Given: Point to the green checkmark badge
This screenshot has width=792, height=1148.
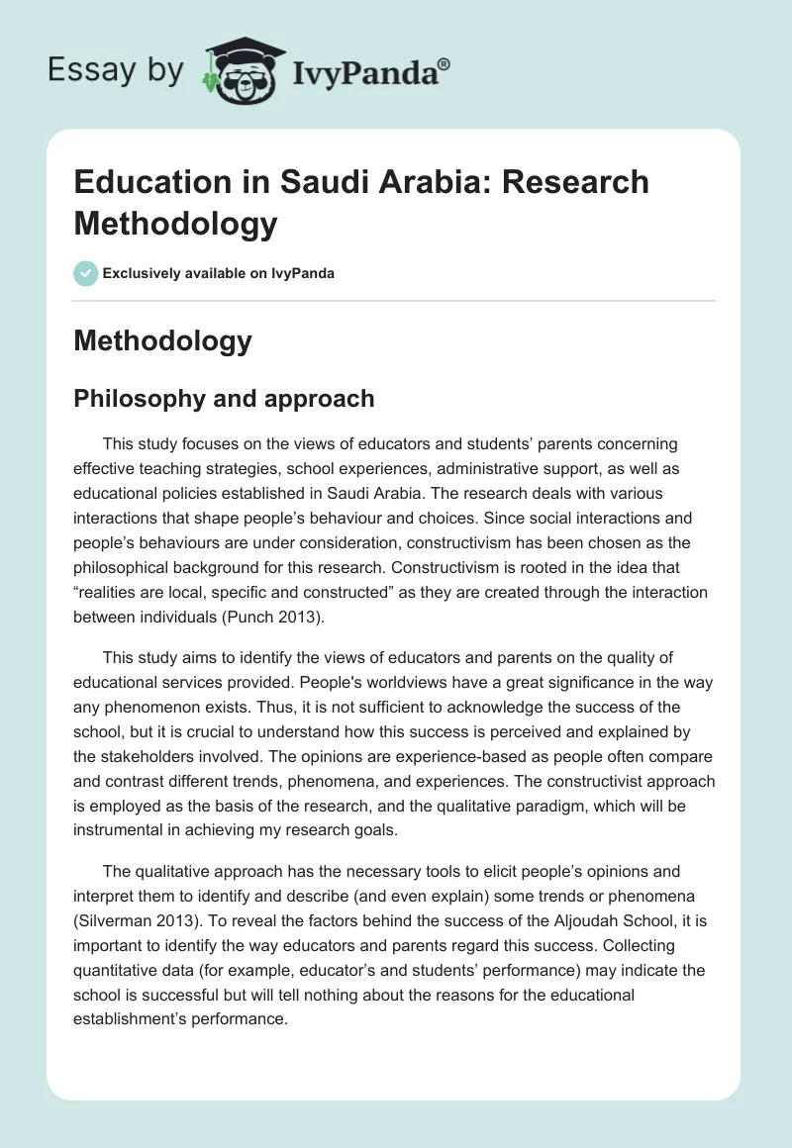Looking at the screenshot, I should point(86,273).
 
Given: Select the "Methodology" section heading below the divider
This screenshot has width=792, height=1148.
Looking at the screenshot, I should point(162,341).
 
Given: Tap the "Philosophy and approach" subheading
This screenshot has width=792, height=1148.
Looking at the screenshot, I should point(224,398).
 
